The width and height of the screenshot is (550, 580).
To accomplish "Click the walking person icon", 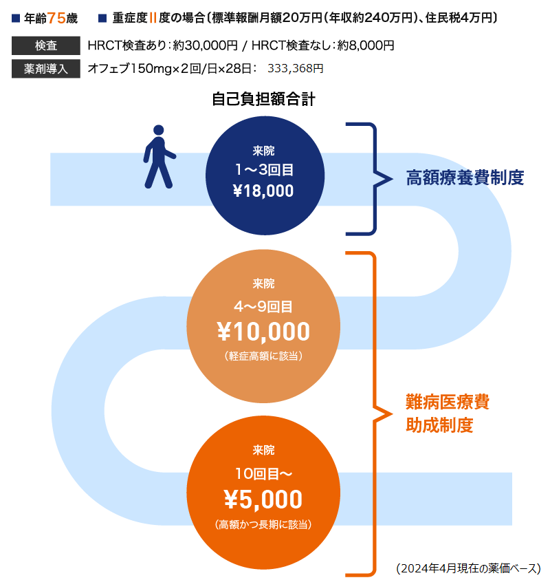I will pyautogui.click(x=159, y=156).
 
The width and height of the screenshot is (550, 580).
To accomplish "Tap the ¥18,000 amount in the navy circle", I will pyautogui.click(x=263, y=191).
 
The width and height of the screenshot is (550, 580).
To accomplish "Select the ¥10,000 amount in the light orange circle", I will pyautogui.click(x=263, y=332).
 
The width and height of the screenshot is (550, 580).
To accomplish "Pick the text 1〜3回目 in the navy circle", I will pyautogui.click(x=263, y=170).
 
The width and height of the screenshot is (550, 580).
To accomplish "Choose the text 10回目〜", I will pyautogui.click(x=263, y=473).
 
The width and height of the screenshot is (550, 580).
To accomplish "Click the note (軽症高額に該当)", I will pyautogui.click(x=263, y=356).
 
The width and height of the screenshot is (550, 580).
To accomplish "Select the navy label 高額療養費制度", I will pyautogui.click(x=465, y=178).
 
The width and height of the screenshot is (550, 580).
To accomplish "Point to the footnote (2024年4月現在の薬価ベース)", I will pyautogui.click(x=468, y=568).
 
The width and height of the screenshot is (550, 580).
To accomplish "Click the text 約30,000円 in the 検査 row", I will pyautogui.click(x=205, y=46).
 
